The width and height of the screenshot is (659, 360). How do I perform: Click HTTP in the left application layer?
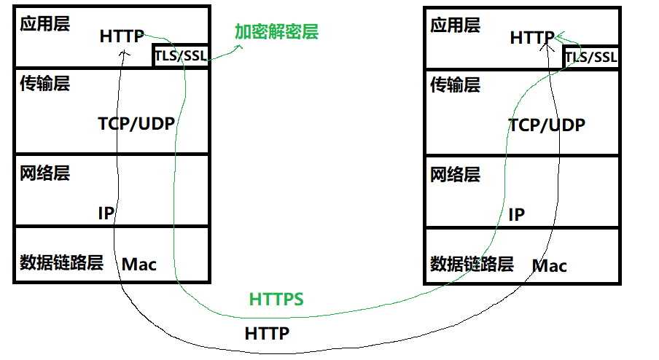point(122,36)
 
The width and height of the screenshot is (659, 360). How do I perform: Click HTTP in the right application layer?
point(532,37)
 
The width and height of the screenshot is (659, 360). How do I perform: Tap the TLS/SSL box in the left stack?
point(181,55)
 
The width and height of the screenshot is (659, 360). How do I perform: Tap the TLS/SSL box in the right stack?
point(590,56)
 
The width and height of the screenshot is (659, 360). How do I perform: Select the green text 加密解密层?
point(276,32)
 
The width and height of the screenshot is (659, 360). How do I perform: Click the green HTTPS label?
point(276,299)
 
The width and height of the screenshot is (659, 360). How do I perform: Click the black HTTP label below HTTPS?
point(267,334)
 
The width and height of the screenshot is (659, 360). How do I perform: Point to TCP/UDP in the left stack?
point(136,123)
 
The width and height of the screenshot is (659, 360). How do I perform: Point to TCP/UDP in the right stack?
point(547,125)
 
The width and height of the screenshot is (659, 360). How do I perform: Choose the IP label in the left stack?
point(106,214)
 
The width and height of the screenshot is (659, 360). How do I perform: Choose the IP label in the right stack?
point(516,214)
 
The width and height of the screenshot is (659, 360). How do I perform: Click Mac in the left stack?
point(139,264)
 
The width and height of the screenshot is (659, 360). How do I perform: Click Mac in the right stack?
point(550,265)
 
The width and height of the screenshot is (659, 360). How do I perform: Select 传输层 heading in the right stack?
point(455,85)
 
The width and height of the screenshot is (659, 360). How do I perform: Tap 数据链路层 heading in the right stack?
point(472,263)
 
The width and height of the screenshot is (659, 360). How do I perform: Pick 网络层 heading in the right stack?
point(455,175)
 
